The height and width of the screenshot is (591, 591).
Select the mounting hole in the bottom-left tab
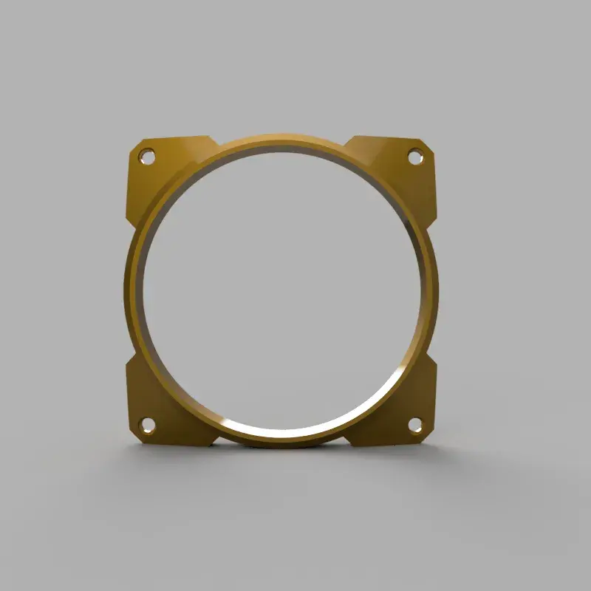coord(147,425)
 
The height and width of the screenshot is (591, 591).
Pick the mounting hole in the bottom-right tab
coord(415,426)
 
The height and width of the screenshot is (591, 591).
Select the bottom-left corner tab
coord(159,406)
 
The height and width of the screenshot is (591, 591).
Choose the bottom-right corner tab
coord(403,410)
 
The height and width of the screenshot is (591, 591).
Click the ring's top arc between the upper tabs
coord(281,140)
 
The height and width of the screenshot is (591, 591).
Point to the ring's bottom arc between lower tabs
coord(281,440)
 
